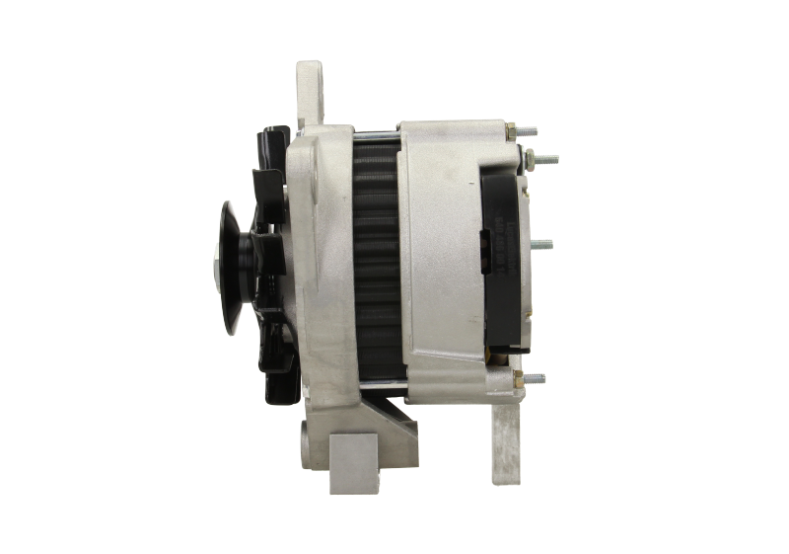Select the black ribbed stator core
[x=377, y=262]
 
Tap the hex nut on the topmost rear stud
[x=513, y=130]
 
